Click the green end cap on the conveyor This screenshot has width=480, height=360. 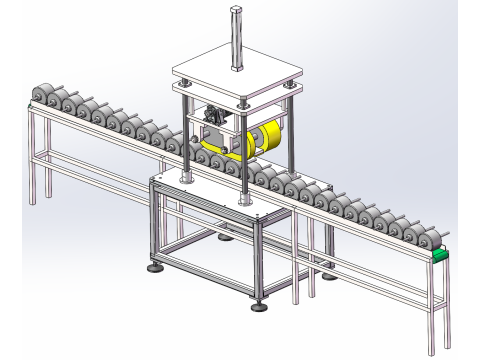click(441, 255)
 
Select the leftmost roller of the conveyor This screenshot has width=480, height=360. click(42, 95)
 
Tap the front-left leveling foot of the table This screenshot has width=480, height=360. click(154, 267)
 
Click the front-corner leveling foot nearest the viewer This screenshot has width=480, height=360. click(259, 304)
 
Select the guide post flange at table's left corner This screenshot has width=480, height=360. click(186, 182)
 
